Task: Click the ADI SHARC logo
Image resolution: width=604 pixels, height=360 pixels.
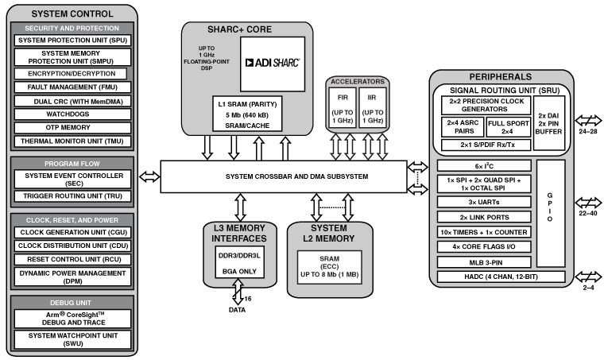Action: (273, 63)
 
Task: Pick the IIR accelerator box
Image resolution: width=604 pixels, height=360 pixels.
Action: (370, 107)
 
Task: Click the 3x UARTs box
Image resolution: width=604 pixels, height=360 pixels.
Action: (486, 203)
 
